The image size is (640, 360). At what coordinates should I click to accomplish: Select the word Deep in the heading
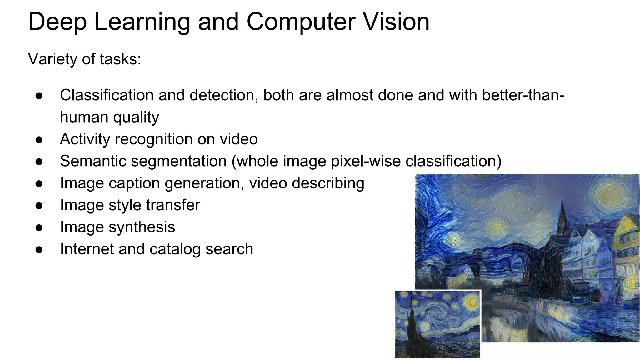click(x=57, y=22)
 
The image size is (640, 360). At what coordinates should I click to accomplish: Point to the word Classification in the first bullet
click(x=107, y=95)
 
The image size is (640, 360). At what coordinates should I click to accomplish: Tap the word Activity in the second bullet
click(x=85, y=139)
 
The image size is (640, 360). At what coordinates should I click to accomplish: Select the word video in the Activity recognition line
click(x=239, y=139)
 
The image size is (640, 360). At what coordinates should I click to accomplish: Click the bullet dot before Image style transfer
click(x=39, y=206)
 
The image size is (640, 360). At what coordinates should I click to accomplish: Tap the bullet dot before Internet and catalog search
click(x=39, y=250)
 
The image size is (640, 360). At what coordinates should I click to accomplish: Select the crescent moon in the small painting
click(x=471, y=302)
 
